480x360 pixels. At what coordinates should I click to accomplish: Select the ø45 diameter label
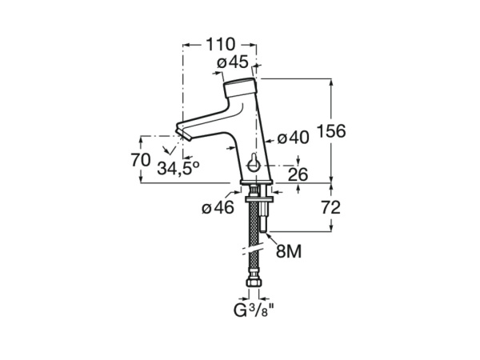click(x=232, y=63)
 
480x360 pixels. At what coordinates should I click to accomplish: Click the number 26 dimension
click(x=298, y=174)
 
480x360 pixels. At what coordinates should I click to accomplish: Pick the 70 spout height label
click(x=141, y=159)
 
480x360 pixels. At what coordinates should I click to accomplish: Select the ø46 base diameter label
click(x=218, y=208)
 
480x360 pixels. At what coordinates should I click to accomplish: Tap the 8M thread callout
click(x=289, y=253)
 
